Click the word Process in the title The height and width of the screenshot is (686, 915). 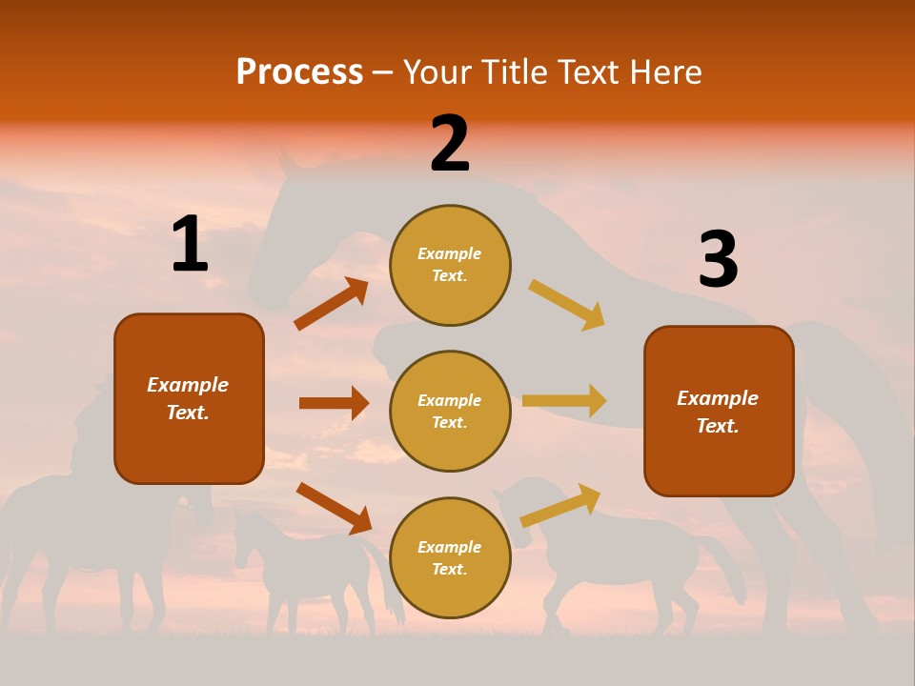point(299,72)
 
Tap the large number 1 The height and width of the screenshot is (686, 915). point(190,245)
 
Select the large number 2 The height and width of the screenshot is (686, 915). point(450,144)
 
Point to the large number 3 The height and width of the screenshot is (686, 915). point(719,260)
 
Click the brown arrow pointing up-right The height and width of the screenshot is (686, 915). point(331,304)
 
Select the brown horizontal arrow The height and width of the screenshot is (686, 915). point(334,403)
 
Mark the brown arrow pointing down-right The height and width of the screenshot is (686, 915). point(334,507)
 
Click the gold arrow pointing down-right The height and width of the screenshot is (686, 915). point(567,305)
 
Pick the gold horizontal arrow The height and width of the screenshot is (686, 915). point(564,400)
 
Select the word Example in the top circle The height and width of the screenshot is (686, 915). point(449,253)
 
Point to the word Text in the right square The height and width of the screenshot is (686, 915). point(718,426)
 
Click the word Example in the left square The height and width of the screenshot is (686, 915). point(188,385)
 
